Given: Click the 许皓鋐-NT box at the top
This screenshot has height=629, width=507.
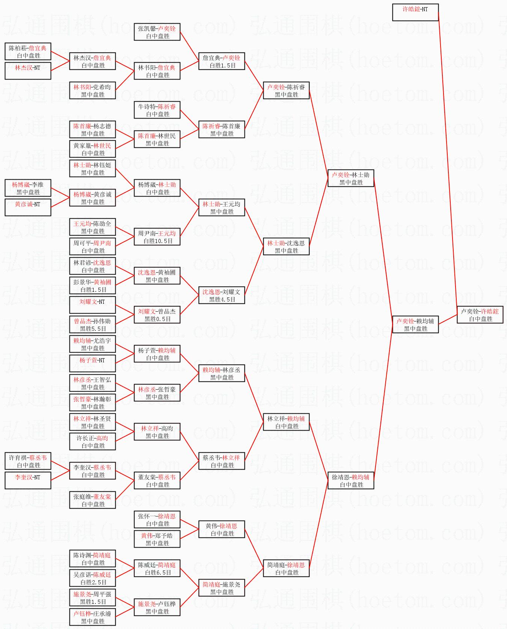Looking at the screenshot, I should click(x=415, y=12).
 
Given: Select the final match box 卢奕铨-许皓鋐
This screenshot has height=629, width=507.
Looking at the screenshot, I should click(x=480, y=315).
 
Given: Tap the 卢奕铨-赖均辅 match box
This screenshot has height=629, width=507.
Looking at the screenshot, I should click(x=415, y=325).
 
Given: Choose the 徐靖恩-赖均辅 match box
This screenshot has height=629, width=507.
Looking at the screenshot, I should click(x=351, y=481).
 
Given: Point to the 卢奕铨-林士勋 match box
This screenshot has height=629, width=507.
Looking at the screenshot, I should click(x=351, y=179).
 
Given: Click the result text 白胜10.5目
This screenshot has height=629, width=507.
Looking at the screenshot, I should click(x=158, y=241).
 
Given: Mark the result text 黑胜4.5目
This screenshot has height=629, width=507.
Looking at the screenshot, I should click(x=222, y=300).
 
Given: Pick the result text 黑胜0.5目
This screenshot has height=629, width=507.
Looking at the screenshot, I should click(x=158, y=319).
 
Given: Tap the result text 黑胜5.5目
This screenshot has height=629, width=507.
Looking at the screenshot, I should click(x=93, y=329).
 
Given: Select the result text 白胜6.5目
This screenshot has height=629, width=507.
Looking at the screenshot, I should click(x=158, y=573).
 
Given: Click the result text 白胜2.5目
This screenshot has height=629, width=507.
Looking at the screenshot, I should click(x=93, y=582).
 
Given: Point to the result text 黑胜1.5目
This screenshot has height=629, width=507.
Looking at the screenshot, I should click(x=93, y=602).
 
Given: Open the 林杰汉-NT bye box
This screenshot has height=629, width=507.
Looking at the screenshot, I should click(x=28, y=71).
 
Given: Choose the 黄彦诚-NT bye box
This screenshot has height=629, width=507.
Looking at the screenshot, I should click(x=28, y=207).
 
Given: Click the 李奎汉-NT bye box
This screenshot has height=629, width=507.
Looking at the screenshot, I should click(x=28, y=480).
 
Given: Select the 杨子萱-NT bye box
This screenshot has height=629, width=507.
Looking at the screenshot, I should click(x=92, y=363).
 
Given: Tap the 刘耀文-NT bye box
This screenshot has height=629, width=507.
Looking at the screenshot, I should click(x=92, y=305).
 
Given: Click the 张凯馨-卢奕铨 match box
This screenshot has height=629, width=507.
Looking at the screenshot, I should click(x=157, y=32).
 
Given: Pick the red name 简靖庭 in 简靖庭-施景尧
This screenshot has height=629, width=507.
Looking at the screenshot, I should click(x=211, y=584).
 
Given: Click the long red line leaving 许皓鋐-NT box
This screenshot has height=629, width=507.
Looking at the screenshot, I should click(x=448, y=161).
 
